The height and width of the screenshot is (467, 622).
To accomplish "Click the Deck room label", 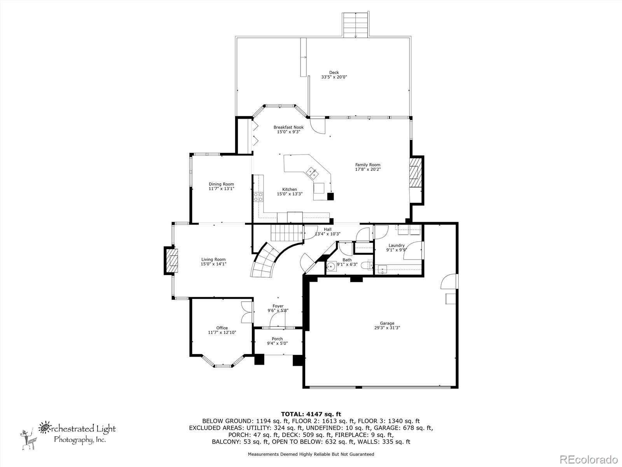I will pos(334,72).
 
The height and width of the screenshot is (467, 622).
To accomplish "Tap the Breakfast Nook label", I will pos(288,127).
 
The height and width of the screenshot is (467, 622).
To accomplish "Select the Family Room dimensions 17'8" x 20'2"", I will pos(368,169).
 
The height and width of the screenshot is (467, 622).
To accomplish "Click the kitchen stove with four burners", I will pos(258,197).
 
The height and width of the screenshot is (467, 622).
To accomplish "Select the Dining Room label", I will pos(221,184).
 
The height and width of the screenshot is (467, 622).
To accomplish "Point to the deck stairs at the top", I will pos(356,25).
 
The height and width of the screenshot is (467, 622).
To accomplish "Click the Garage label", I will pos(387,323).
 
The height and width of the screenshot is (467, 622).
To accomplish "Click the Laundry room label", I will pos(397,245).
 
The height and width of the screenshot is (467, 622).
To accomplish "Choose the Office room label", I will pos(222,328).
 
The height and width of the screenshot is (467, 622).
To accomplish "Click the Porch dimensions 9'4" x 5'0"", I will pos(277,343).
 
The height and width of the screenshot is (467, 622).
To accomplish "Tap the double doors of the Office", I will pos(247,312).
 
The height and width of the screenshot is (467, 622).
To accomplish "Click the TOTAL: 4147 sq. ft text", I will pos(311,414).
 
